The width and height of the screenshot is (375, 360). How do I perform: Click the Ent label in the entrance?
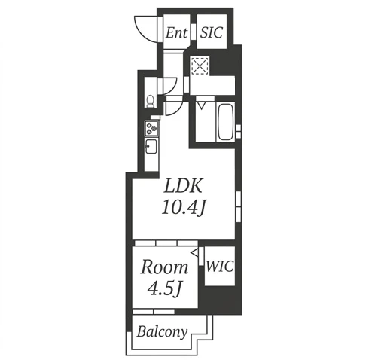click(176, 33)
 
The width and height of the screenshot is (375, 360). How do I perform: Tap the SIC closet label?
click(212, 32)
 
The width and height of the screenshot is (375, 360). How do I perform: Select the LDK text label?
click(183, 186)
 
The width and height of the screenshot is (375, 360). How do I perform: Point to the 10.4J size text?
click(184, 208)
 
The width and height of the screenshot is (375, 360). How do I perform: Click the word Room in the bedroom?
click(164, 267)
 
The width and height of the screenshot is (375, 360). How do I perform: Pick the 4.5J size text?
click(164, 288)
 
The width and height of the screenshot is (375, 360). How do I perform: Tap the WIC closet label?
click(220, 267)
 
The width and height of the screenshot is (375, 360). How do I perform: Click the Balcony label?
click(162, 331)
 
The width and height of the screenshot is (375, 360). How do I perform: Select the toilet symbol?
click(150, 101)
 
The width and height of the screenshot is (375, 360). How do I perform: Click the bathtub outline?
click(225, 122)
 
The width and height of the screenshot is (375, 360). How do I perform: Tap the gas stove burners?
click(151, 128)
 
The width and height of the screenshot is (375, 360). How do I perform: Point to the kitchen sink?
click(151, 147)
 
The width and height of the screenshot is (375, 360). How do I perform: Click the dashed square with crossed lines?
click(200, 66)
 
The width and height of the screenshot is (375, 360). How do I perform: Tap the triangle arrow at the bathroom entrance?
click(201, 105)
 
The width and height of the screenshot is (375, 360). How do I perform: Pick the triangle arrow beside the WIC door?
click(195, 252)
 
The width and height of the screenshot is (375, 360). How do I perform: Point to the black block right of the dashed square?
click(224, 65)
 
